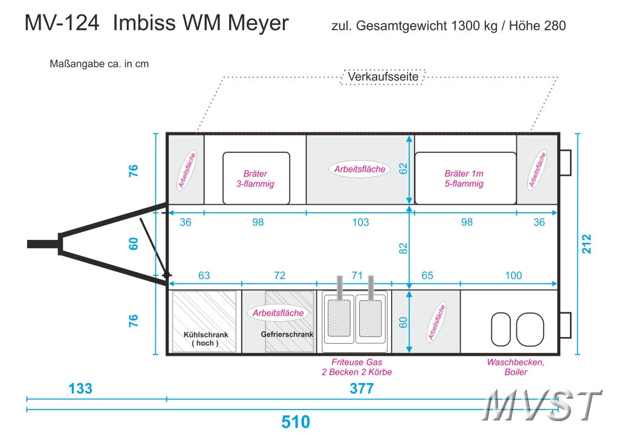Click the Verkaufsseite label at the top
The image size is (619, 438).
point(383,77)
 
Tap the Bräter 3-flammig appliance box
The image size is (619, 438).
point(256,178)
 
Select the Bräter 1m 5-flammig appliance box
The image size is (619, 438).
point(464,178)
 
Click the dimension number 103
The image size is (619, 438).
point(360,222)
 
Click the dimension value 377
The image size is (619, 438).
point(362,388)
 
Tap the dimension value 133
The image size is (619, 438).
point(80,388)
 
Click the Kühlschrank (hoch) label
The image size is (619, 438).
point(204,339)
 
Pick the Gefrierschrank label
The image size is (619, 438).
point(287,334)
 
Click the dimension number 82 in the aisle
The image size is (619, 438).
point(404,248)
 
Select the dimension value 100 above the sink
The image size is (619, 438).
point(513,276)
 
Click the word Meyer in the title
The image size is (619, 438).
point(259,23)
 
